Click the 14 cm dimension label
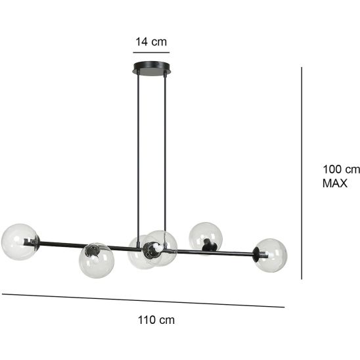[x=151, y=42]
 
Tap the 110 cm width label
[x=156, y=320]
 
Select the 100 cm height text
[x=341, y=169]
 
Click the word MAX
[x=335, y=183]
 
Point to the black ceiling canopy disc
[x=151, y=68]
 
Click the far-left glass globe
[x=19, y=242]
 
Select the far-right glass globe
[x=271, y=256]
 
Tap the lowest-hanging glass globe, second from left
[x=97, y=260]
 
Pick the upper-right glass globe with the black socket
[x=206, y=238]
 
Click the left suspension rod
[x=138, y=159]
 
